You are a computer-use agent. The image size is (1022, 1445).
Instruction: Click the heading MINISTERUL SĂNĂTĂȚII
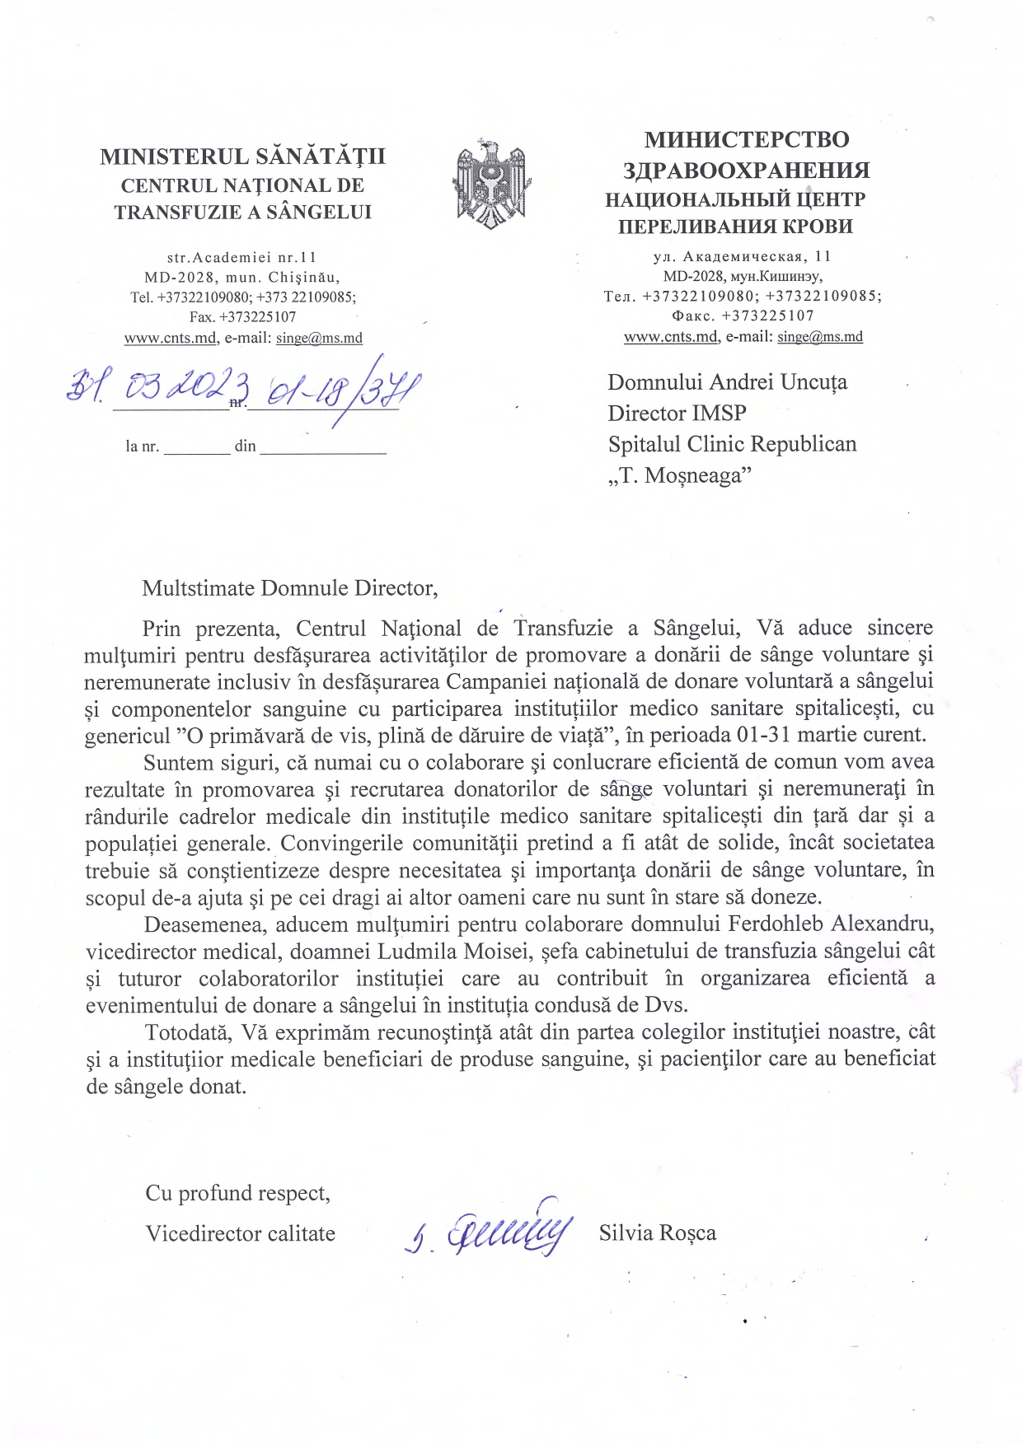click(242, 157)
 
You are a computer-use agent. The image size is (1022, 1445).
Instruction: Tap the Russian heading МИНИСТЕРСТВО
click(747, 139)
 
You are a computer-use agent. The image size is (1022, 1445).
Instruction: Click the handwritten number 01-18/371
click(334, 388)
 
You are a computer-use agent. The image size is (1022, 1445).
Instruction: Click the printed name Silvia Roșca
click(657, 1232)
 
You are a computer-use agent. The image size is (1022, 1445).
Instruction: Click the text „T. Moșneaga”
click(680, 475)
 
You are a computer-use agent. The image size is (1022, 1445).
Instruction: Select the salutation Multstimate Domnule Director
click(289, 588)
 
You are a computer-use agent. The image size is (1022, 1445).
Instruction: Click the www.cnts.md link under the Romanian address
click(171, 338)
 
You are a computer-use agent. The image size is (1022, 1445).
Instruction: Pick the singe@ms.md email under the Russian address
click(820, 336)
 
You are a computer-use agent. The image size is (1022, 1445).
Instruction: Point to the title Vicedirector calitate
click(240, 1233)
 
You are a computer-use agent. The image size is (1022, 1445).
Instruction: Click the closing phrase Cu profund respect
click(237, 1193)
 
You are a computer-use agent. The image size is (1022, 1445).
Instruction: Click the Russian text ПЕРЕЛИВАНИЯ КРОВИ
click(735, 227)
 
